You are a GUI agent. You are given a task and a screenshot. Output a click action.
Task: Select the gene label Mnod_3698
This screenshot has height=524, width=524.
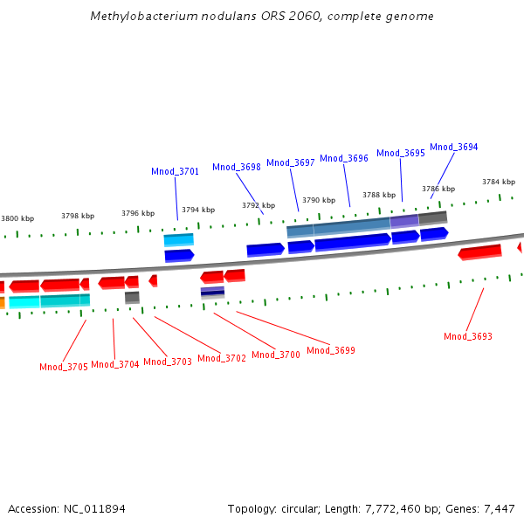237,167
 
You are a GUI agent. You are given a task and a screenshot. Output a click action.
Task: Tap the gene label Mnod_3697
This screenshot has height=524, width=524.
291,162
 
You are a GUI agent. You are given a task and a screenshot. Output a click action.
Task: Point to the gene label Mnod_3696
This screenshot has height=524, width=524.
344,158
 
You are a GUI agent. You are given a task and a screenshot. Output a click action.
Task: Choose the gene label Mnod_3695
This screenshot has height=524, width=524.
401,153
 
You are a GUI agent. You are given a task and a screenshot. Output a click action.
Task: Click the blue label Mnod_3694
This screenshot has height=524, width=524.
454,148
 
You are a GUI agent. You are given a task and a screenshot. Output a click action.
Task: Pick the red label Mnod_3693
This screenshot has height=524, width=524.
468,336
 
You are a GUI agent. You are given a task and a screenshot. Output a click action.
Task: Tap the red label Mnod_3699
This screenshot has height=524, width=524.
331,350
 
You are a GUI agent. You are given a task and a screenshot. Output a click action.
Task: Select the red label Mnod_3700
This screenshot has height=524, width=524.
276,355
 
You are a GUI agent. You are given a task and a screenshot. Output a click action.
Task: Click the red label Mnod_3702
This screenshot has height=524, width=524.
222,358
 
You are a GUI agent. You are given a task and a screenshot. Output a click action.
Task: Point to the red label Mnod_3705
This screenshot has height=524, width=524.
64,367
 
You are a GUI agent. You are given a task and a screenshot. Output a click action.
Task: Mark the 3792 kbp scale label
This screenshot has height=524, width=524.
259,205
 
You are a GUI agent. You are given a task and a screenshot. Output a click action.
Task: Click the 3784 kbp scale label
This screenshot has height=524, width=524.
499,182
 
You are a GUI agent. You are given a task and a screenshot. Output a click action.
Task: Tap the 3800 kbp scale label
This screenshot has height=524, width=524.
17,218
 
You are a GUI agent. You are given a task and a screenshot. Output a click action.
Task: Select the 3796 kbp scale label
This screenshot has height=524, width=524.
138,213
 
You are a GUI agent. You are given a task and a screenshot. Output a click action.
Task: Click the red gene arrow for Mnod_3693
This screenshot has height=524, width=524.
480,252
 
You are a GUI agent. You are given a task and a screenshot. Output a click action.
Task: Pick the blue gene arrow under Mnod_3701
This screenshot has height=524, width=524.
179,255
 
